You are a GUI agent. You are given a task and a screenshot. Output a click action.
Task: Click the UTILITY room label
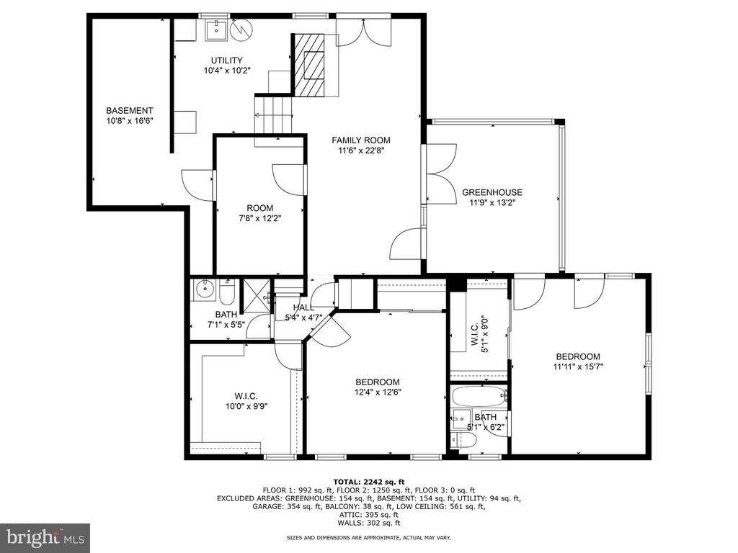point(226,60)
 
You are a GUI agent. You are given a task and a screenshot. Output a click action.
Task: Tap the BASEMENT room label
point(130,110)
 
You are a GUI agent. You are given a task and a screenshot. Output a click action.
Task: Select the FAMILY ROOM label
point(361,140)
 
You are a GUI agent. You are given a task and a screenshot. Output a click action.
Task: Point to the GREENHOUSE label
point(492,192)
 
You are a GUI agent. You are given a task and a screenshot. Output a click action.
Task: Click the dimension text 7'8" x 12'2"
point(259,218)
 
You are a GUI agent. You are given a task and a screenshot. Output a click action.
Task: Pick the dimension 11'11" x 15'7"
point(578,367)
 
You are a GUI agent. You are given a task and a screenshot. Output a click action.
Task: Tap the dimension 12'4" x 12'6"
point(378,392)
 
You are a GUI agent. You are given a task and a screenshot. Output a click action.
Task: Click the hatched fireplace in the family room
point(309,65)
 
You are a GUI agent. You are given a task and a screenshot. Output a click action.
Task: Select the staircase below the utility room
point(273,114)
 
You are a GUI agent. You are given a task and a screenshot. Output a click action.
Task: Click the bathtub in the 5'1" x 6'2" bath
point(479,397)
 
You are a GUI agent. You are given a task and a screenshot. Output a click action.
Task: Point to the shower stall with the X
point(257,296)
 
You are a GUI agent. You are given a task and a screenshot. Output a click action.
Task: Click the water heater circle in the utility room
point(242,30)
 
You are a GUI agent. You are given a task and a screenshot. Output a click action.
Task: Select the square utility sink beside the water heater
point(217,29)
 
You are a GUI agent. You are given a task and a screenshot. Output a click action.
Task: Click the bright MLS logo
point(45,537)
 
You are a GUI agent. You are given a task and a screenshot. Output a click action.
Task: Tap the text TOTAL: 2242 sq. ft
point(368,482)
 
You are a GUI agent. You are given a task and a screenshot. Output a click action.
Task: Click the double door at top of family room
point(363,31)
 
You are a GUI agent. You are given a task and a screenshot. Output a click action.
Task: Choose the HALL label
point(303,307)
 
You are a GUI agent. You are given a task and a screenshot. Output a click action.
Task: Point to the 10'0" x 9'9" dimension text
point(246,406)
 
